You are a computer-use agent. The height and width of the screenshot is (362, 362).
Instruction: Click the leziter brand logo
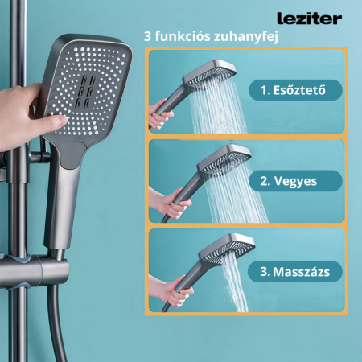[309, 19]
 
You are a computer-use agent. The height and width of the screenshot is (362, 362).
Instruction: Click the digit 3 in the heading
[147, 37]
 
